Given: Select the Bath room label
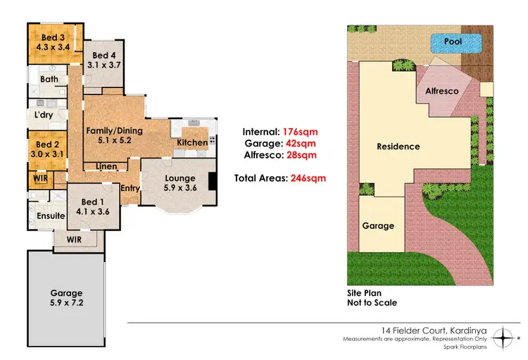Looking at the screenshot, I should point(49,79).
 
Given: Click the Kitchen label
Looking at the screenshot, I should point(192,142).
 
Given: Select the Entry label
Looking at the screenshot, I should point(129,188).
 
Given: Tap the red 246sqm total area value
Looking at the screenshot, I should point(307,178).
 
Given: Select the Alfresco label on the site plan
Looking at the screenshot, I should point(442,91).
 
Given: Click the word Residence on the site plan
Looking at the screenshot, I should point(398,147).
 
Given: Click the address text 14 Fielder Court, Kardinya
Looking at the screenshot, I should point(427,330).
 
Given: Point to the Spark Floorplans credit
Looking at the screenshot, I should point(462,347).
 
